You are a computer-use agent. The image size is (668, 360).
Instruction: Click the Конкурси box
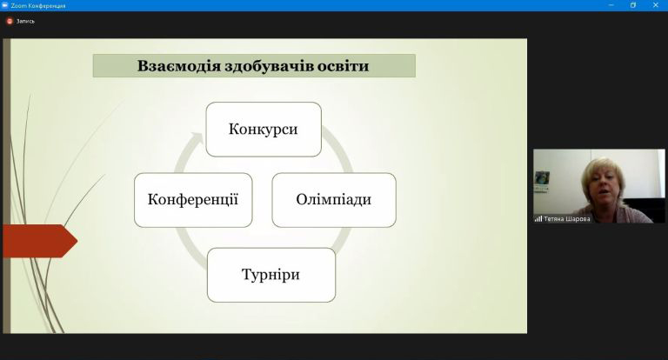pos(264,129)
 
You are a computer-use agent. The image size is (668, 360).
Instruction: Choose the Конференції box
pos(193,200)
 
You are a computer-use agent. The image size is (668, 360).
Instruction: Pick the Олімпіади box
pos(334,200)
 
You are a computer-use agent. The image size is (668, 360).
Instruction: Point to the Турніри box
pos(271,275)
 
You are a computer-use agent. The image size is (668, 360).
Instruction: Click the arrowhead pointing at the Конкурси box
pos(197,138)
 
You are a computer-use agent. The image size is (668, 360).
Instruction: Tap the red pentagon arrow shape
pos(40,241)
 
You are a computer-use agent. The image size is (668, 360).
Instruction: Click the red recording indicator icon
pos(10,21)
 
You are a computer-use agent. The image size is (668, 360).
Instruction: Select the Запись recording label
pos(25,21)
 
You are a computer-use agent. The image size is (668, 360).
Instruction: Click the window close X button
pos(656,5)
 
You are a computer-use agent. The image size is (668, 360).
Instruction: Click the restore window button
pos(633,5)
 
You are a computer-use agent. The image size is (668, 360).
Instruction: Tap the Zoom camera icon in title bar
pos(5,5)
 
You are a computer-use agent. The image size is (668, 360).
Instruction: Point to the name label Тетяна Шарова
pos(567,219)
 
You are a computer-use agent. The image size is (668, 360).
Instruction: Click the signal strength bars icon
pos(538,219)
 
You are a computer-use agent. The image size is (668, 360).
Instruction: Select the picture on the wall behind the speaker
pos(542,181)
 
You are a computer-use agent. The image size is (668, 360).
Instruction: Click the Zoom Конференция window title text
pos(38,5)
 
